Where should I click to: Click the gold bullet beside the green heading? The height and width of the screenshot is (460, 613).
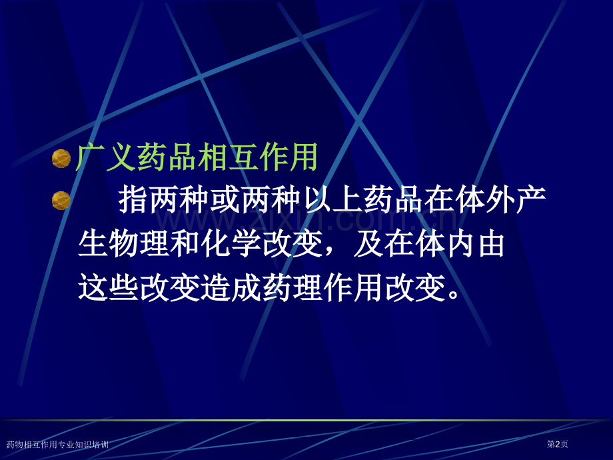(61, 159)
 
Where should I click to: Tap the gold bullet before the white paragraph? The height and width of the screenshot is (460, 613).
(61, 200)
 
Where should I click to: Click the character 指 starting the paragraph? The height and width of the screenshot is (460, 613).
(134, 201)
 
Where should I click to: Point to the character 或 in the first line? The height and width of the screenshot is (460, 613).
(227, 201)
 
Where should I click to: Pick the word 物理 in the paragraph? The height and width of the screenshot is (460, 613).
(139, 245)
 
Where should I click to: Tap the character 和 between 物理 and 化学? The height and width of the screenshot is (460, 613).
(186, 245)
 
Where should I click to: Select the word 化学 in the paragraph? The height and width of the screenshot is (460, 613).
(233, 245)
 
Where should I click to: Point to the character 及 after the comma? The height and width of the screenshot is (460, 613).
(368, 245)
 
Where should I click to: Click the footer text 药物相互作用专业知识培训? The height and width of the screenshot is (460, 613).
(57, 444)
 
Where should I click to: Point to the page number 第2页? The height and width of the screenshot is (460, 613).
(557, 444)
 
